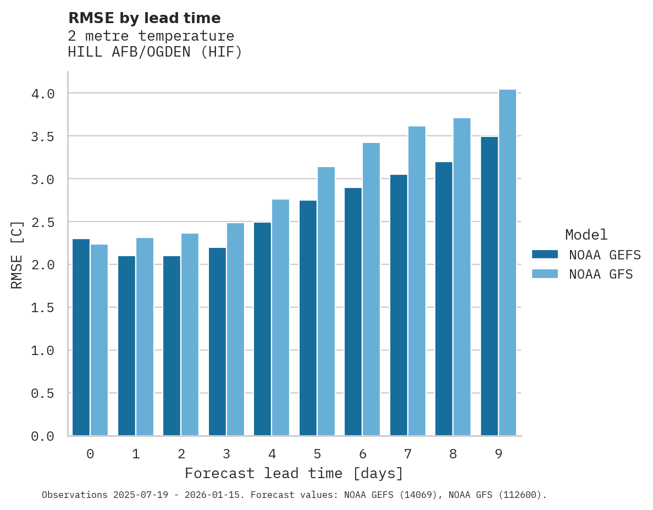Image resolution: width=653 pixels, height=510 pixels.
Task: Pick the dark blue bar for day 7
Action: click(x=399, y=305)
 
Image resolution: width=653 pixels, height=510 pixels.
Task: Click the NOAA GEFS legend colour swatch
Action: click(x=545, y=254)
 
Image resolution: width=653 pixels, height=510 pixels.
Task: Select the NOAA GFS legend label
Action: click(x=601, y=274)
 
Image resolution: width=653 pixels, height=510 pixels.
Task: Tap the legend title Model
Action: click(x=586, y=235)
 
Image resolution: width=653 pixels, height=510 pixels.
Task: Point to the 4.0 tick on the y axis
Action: click(x=43, y=94)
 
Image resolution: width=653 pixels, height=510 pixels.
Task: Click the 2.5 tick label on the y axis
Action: click(x=43, y=223)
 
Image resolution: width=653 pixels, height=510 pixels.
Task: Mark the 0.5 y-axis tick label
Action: click(x=43, y=393)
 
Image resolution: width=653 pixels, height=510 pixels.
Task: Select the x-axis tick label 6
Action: click(x=362, y=454)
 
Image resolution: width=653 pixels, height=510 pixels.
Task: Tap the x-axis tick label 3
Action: click(x=226, y=454)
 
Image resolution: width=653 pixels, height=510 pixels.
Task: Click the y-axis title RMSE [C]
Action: click(x=18, y=254)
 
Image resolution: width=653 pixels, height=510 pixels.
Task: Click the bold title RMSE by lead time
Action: click(x=144, y=18)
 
